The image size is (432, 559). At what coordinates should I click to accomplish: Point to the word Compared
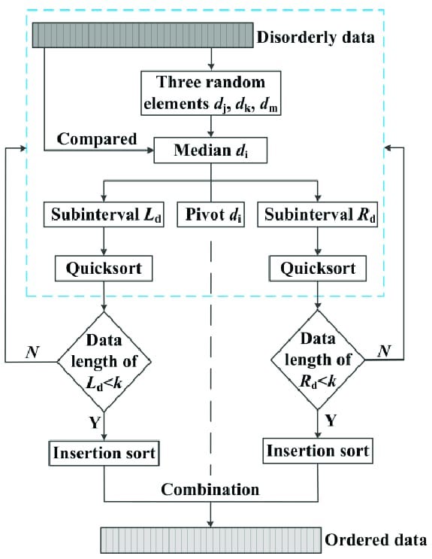tap(97, 139)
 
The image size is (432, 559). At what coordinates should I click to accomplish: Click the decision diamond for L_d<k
tap(104, 362)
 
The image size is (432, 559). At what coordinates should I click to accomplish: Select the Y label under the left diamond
tap(95, 423)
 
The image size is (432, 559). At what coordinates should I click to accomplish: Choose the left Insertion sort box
tap(104, 454)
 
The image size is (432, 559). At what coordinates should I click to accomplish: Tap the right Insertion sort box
tap(317, 451)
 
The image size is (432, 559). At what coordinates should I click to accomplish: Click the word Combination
tap(211, 489)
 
